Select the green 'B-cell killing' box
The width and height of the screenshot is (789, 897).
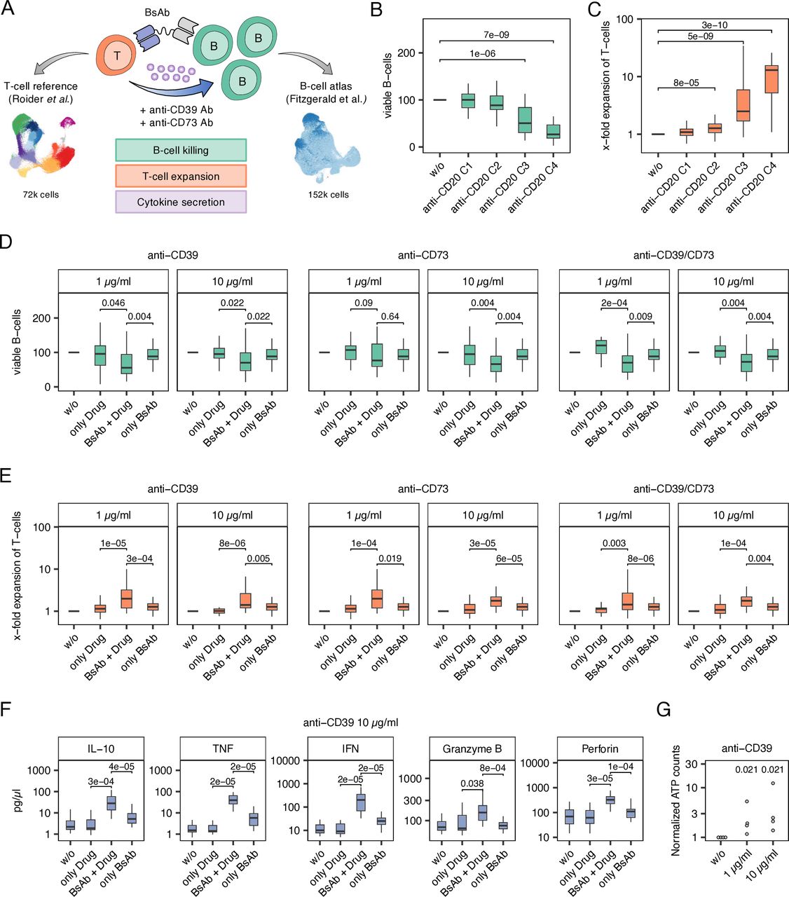[x=181, y=150]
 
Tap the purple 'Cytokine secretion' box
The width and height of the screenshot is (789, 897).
[x=181, y=202]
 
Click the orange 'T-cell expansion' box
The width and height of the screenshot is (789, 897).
[x=181, y=176]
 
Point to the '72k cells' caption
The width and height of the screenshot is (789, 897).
[x=40, y=194]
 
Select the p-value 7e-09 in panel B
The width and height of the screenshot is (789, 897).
[x=496, y=35]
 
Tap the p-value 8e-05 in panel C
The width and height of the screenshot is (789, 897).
[x=686, y=83]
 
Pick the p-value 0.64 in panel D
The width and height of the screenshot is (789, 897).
[x=390, y=316]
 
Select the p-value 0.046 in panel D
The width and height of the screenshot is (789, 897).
[x=113, y=303]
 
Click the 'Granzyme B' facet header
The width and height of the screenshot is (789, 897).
[x=472, y=748]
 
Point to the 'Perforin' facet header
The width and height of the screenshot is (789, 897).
[x=601, y=748]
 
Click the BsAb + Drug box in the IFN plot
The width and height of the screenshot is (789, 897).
[x=361, y=802]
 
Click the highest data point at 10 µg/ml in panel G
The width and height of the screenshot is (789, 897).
[x=773, y=783]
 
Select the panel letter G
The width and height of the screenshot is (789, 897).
[x=663, y=710]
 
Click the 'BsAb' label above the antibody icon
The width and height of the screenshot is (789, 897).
[x=157, y=13]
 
